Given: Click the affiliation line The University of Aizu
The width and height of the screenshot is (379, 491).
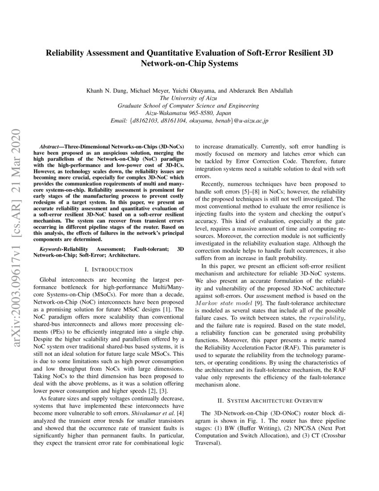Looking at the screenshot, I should pyautogui.click(x=189, y=99).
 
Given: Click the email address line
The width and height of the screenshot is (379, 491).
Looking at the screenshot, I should pyautogui.click(x=189, y=121).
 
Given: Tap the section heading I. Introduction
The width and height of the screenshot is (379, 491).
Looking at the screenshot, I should pyautogui.click(x=109, y=269).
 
